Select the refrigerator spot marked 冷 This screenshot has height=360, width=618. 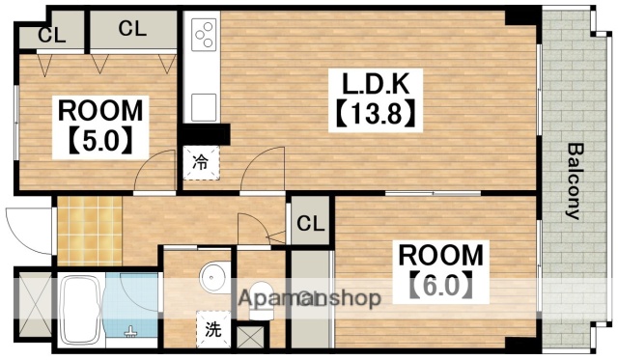coord(199,162)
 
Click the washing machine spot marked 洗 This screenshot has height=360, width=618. coord(211,328)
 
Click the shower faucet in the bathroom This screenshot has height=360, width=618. coord(132,333)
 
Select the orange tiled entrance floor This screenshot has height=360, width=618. coord(88,230)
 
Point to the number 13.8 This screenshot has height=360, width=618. coord(375,114)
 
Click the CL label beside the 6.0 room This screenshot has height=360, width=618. coord(310,224)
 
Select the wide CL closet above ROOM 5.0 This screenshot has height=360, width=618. coord(132,29)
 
